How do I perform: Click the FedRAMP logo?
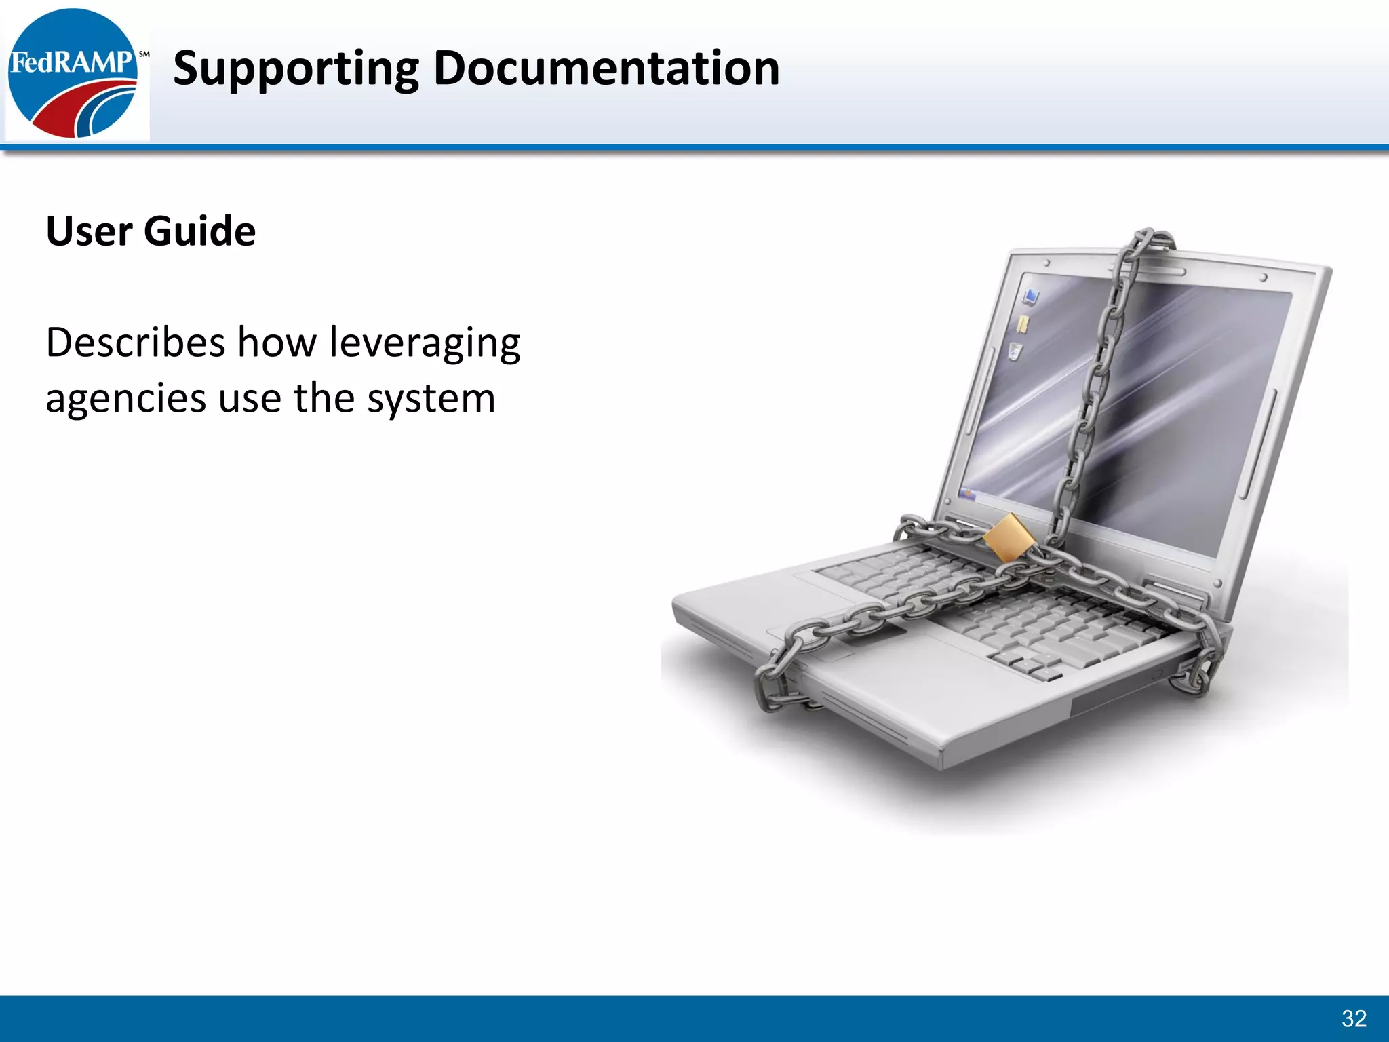tap(73, 73)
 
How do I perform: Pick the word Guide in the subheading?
tap(199, 231)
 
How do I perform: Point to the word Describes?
tap(135, 342)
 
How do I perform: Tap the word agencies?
tap(125, 400)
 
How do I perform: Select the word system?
tap(431, 400)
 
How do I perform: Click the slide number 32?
tap(1354, 1018)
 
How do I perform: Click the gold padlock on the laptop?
tap(1009, 538)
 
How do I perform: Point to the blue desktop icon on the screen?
tap(1032, 296)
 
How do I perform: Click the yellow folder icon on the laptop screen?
tap(1023, 324)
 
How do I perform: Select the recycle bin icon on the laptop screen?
tap(1015, 351)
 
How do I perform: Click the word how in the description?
tap(277, 342)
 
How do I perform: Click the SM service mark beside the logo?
tap(144, 54)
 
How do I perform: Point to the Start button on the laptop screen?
tap(968, 493)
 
